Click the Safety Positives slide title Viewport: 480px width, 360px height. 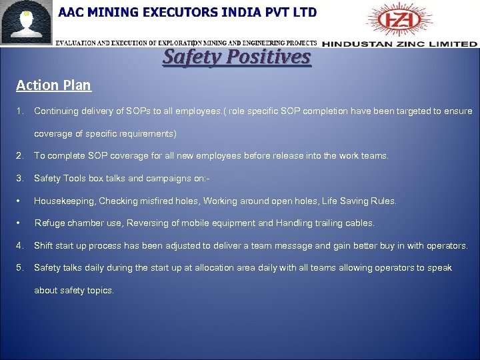[x=237, y=57]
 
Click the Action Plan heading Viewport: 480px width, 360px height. [x=53, y=85]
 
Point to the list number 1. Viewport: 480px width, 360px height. [x=20, y=111]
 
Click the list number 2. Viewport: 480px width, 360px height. [x=20, y=156]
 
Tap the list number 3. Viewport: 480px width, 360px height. [x=20, y=178]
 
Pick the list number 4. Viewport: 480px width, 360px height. [x=20, y=245]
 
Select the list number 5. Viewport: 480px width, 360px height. [x=20, y=267]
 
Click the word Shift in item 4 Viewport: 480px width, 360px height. [x=44, y=245]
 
